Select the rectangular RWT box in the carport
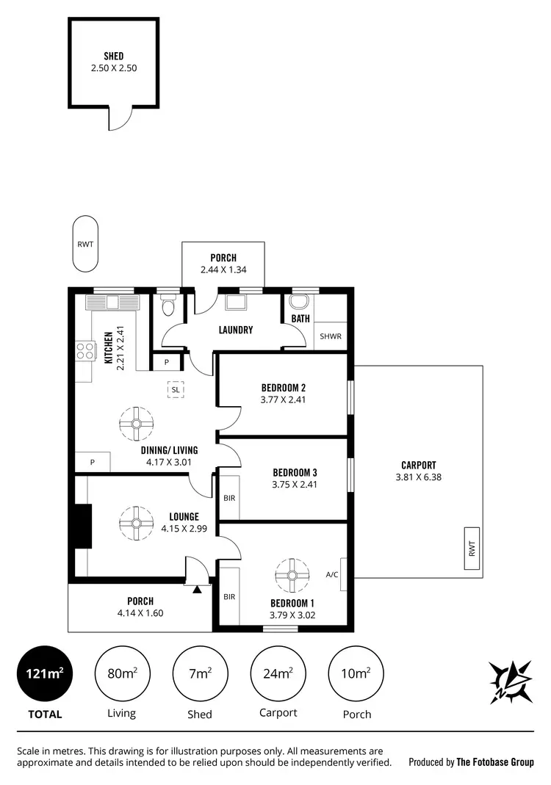472,549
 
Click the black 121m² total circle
45,673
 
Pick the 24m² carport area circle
279,673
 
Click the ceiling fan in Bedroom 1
292,575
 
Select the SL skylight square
175,389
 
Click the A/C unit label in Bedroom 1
332,574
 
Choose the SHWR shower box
330,336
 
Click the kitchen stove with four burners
85,351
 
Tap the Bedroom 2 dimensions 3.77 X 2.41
283,400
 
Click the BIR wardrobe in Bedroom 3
229,498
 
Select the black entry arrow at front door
197,589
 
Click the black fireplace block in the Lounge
82,527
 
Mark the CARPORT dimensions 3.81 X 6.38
418,477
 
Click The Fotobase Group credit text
494,762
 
